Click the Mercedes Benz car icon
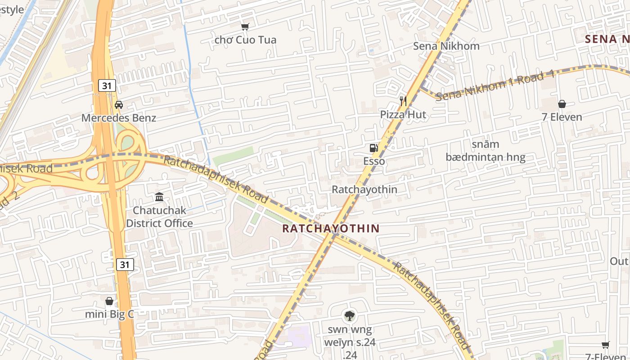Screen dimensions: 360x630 click(119, 105)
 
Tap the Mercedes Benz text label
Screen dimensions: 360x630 click(119, 118)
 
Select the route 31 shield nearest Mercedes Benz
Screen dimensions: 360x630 click(107, 85)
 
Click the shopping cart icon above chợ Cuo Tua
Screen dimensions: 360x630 click(245, 27)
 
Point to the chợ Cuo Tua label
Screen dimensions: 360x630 click(245, 40)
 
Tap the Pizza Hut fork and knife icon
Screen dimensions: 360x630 click(403, 101)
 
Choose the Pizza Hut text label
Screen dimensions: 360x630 click(403, 114)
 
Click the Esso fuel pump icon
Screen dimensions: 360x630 click(373, 148)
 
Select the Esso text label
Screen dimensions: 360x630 click(374, 161)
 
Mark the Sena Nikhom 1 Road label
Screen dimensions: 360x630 click(495, 85)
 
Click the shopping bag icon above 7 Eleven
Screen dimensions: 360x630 click(562, 104)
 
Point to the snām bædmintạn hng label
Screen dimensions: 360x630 click(486, 151)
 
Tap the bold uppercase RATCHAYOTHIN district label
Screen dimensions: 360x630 click(331, 228)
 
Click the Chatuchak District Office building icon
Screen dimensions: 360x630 click(159, 197)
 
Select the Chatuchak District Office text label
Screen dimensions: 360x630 click(159, 217)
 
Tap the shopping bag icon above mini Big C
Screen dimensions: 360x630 click(109, 301)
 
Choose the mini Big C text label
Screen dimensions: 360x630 click(109, 314)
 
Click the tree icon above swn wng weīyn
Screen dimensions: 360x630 click(349, 316)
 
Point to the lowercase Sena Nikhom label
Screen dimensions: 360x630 click(446, 46)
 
